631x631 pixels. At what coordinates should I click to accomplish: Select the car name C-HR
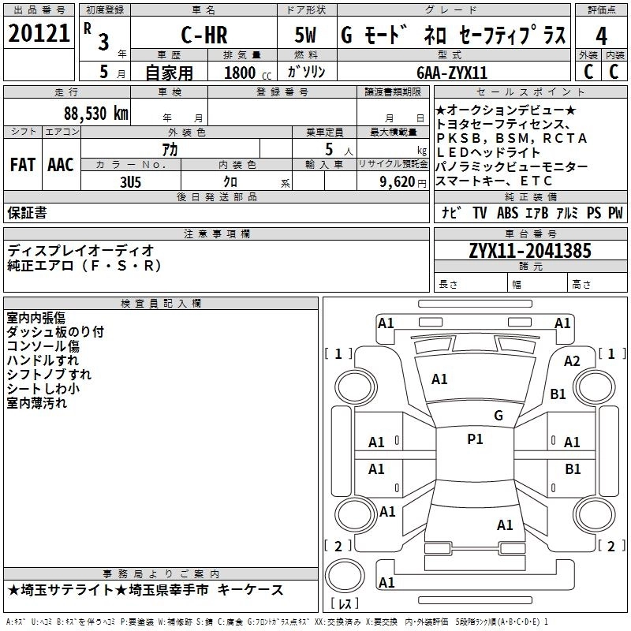204,35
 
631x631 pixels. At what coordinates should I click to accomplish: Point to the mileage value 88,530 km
96,113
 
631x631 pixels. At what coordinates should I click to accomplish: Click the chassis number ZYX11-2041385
530,250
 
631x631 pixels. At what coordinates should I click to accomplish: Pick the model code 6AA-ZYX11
452,72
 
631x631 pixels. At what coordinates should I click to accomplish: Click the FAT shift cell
22,164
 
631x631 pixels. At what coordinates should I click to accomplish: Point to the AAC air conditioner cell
60,164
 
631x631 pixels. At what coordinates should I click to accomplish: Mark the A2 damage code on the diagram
572,360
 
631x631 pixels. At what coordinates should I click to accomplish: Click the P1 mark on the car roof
474,439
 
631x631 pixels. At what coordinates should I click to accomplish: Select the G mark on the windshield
498,415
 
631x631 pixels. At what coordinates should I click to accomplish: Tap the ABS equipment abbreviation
507,212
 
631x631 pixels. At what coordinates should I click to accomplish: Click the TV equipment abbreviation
480,212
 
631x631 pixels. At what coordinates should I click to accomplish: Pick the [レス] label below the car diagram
345,604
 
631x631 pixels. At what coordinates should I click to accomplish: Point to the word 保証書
27,213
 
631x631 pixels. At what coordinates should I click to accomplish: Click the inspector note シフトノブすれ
49,374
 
